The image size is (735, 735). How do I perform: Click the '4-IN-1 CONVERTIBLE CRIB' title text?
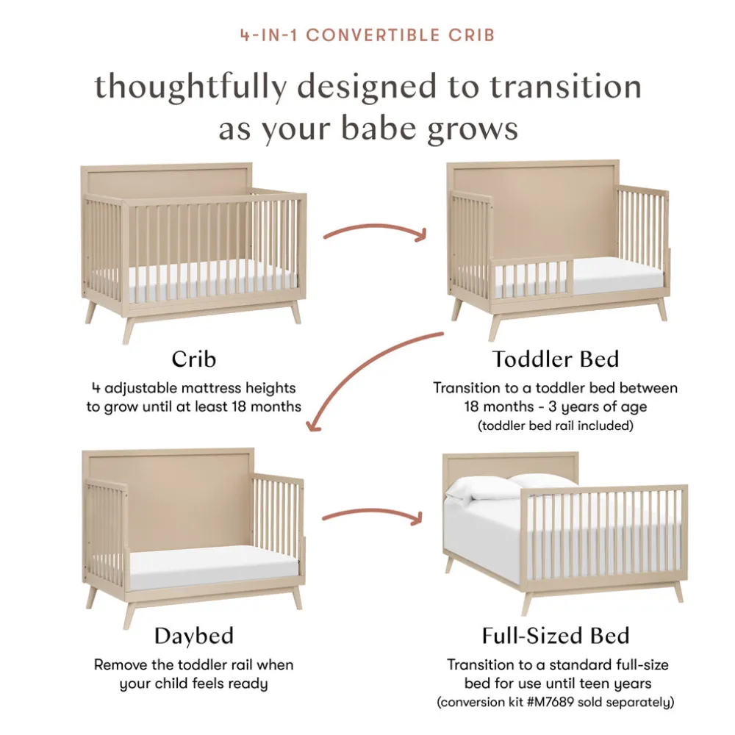click(367, 35)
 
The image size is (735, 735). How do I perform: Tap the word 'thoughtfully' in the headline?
click(191, 87)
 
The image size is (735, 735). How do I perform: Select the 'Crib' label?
click(193, 359)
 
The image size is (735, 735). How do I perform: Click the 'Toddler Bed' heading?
click(556, 359)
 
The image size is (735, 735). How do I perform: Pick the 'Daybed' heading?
click(193, 636)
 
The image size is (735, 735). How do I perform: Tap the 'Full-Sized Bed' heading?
click(556, 636)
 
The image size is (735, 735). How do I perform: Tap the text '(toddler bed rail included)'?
click(556, 426)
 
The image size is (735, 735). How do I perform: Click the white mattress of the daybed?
click(214, 566)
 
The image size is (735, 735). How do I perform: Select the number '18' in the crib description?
click(238, 406)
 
